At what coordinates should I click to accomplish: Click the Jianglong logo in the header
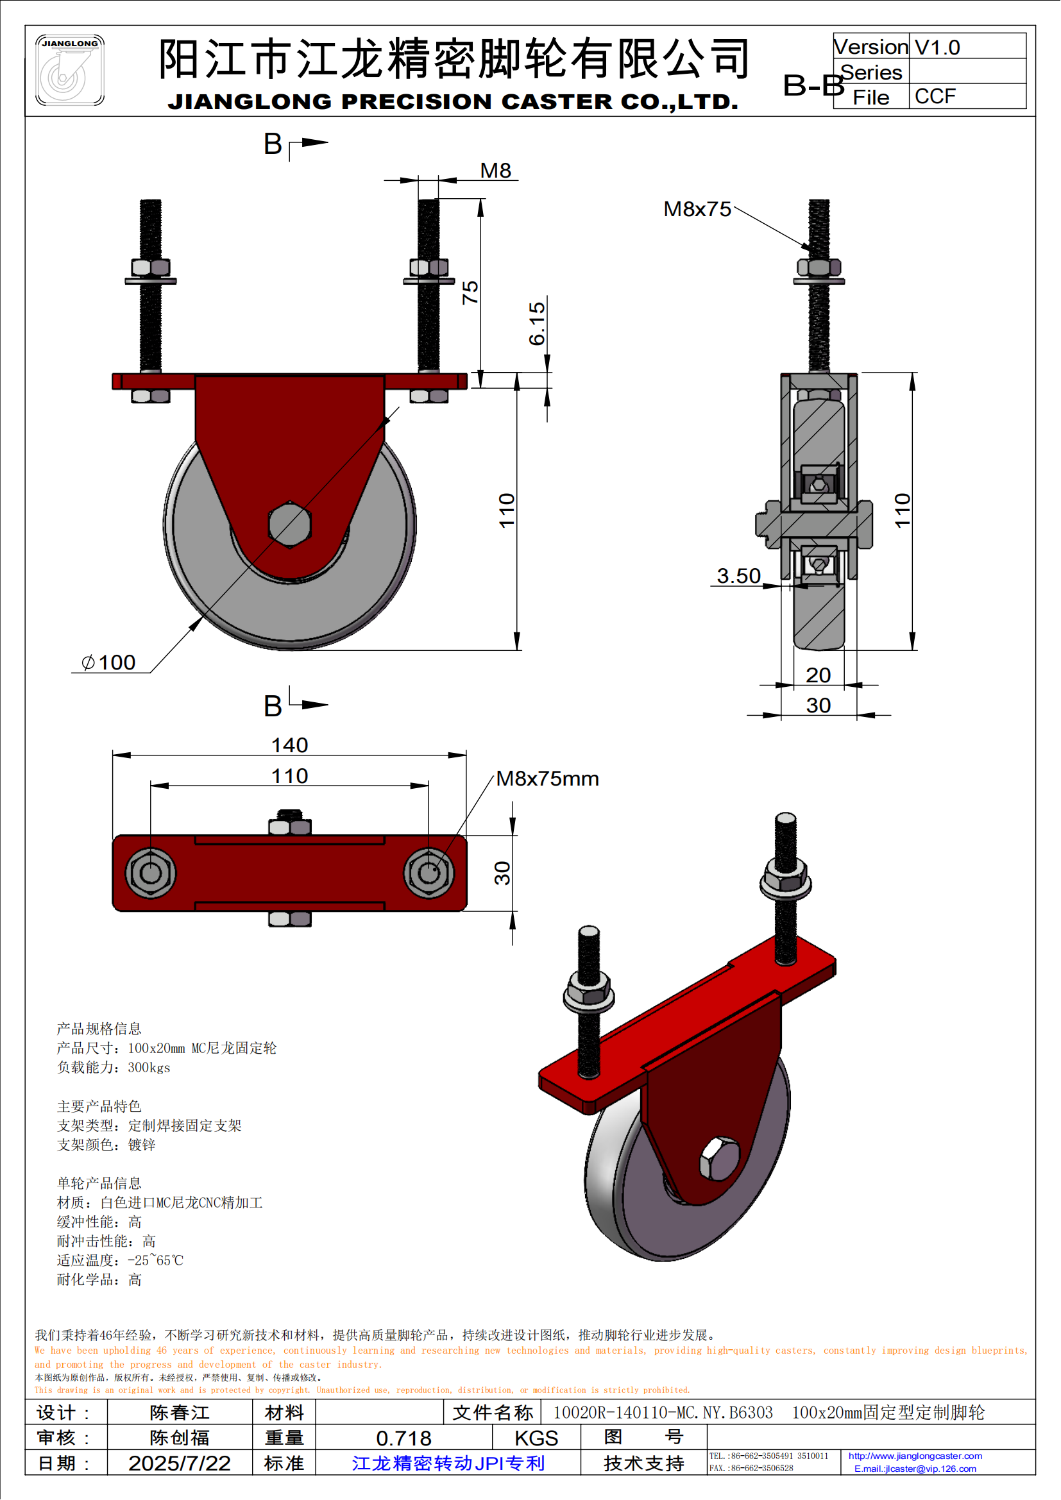click(x=69, y=70)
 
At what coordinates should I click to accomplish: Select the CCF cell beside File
click(x=935, y=97)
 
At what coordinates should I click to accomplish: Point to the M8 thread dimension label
click(x=495, y=171)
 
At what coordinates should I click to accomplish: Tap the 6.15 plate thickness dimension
click(x=537, y=323)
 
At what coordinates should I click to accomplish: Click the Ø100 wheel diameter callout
click(x=108, y=662)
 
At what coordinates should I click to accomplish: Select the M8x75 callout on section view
click(x=697, y=209)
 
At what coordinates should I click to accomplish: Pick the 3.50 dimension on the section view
click(x=738, y=575)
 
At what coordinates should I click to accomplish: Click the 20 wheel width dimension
click(x=818, y=675)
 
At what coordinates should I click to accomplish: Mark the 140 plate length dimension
click(x=289, y=745)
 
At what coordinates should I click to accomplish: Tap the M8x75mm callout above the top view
click(x=547, y=779)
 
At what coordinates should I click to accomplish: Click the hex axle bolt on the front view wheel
click(x=290, y=524)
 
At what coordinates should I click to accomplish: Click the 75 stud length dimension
click(x=470, y=292)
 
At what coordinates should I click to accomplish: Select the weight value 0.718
click(x=403, y=1438)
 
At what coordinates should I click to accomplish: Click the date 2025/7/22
click(x=180, y=1463)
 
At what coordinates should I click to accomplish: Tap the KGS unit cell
click(x=536, y=1438)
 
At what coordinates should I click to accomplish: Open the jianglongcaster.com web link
click(x=915, y=1456)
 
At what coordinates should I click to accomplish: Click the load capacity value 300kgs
click(x=149, y=1068)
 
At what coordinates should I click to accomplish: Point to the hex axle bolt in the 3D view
click(x=719, y=1159)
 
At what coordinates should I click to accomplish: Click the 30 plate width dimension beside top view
click(x=502, y=873)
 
